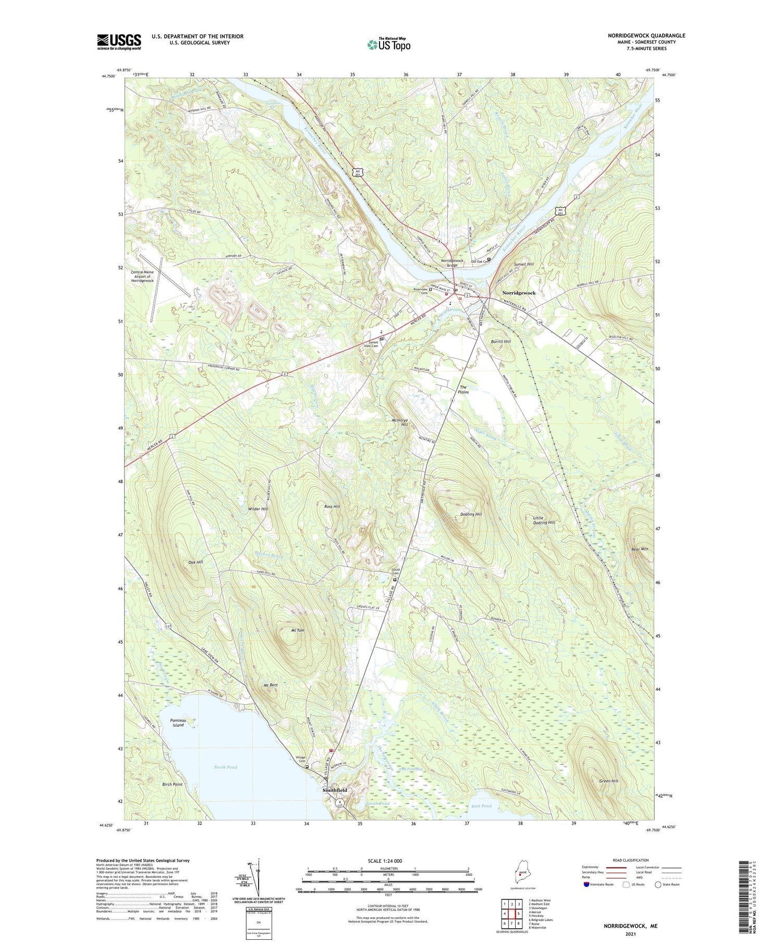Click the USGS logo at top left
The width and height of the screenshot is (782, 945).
click(119, 42)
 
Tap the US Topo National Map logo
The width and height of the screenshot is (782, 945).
click(388, 44)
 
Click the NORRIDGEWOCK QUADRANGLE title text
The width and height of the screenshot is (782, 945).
click(646, 35)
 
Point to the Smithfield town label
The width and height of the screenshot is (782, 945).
click(335, 790)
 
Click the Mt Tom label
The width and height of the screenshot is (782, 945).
click(297, 631)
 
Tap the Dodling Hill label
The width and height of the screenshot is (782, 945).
click(471, 514)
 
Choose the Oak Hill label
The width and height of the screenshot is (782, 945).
click(195, 562)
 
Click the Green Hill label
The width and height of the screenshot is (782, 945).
click(608, 781)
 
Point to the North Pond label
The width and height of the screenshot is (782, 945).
click(225, 767)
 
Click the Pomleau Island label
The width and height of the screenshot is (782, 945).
click(178, 722)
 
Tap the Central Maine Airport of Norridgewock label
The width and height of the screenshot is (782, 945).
click(142, 276)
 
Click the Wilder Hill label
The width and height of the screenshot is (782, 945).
click(258, 509)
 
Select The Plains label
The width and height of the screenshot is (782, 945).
click(463, 390)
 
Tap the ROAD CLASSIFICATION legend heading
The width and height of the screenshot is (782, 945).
click(631, 860)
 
